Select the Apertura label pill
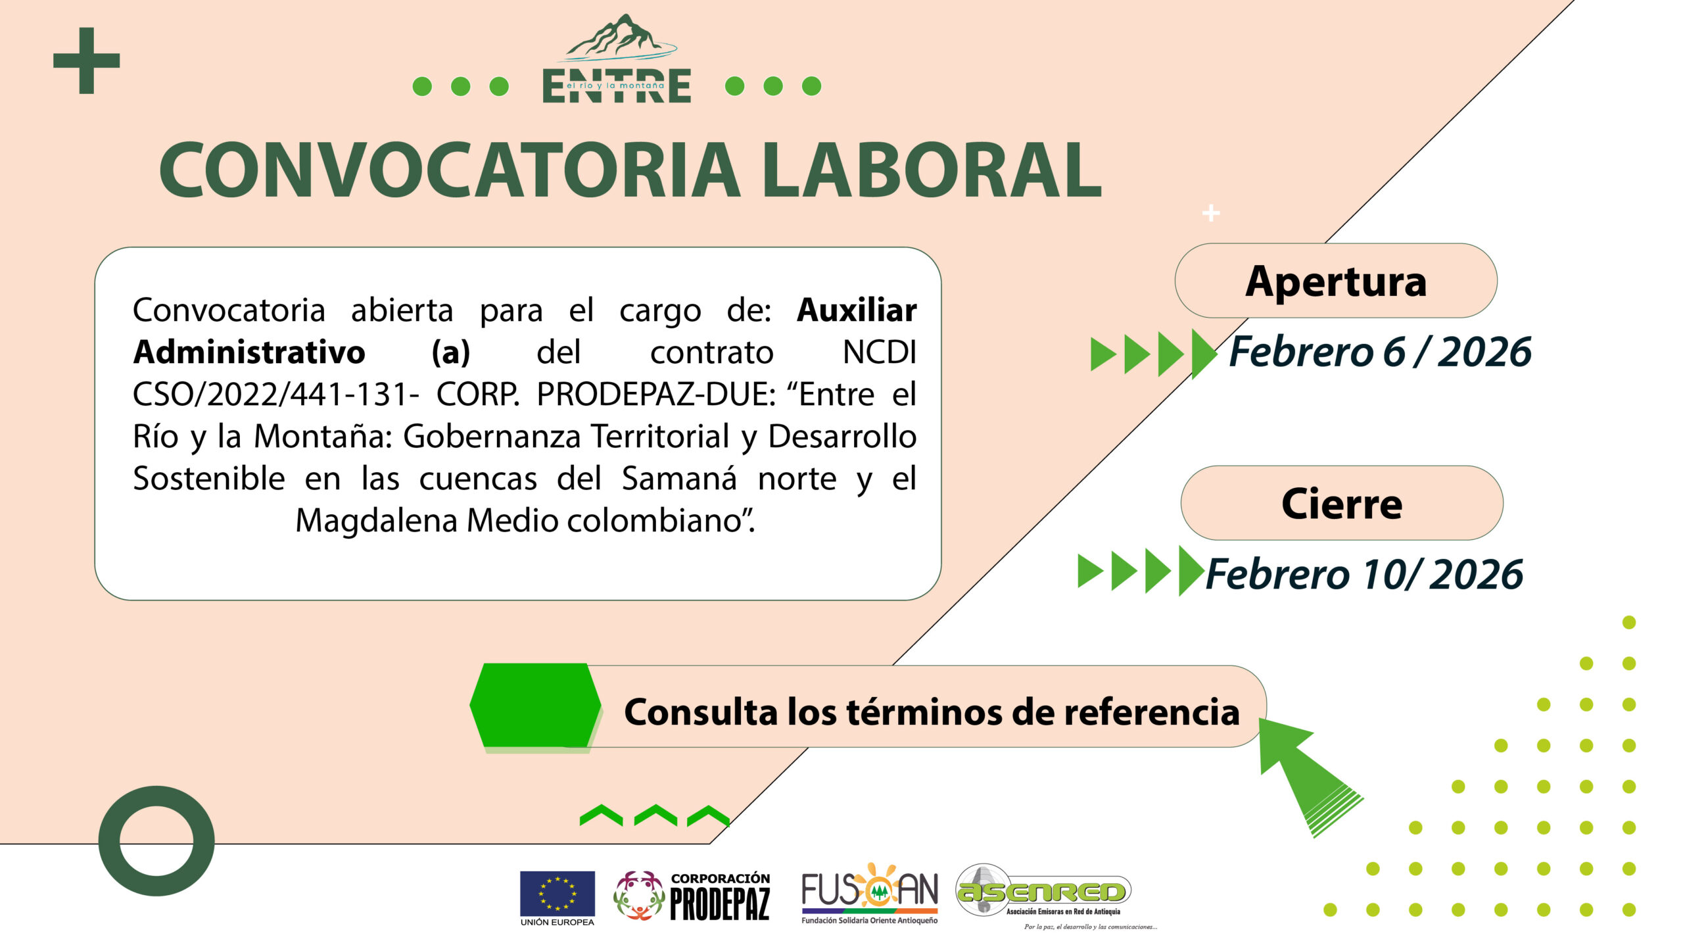tap(1336, 281)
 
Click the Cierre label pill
tap(1342, 503)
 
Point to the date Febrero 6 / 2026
tap(1380, 351)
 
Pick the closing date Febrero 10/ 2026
tap(1364, 574)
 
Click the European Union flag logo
tap(557, 898)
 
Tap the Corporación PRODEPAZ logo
tap(692, 896)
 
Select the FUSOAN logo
tap(869, 894)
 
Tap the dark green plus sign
tap(86, 61)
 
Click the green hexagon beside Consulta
tap(536, 706)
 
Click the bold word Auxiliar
tap(857, 310)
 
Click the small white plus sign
tap(1211, 213)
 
